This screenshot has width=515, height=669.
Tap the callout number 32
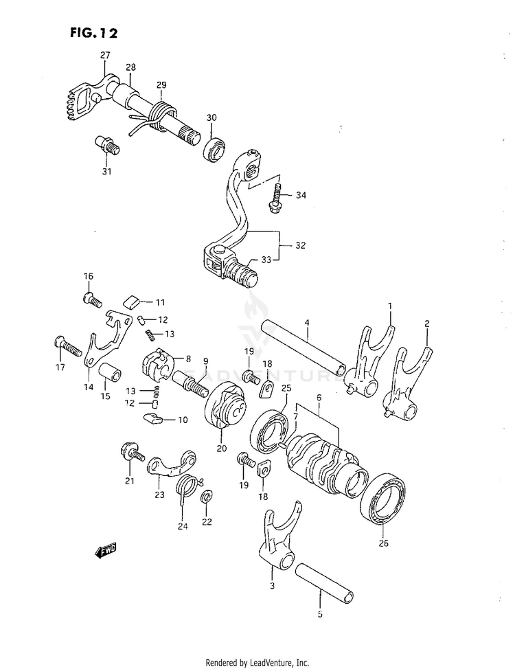[x=300, y=245]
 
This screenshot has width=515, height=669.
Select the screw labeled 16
[x=92, y=299]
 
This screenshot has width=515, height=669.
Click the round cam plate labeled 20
[x=226, y=412]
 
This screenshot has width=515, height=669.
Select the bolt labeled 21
[x=130, y=453]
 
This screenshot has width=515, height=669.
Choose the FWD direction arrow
[x=106, y=550]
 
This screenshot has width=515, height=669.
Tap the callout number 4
[x=308, y=322]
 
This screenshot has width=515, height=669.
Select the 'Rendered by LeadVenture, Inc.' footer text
[x=257, y=662]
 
